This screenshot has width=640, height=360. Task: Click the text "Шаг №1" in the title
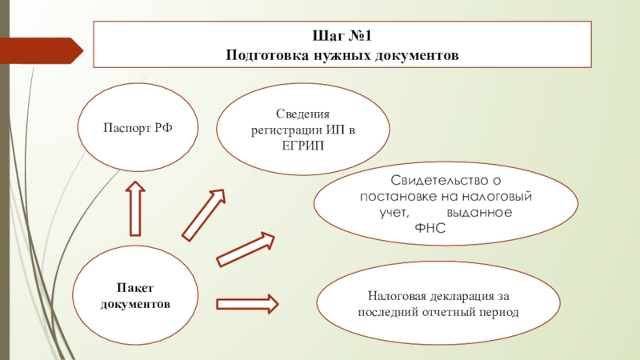342,36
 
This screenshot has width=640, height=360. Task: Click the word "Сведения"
303,115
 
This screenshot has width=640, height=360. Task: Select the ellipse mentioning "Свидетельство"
445,206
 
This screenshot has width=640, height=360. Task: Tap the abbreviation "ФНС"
430,229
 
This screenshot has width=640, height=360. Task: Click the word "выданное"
479,214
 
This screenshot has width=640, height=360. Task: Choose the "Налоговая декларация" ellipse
438,302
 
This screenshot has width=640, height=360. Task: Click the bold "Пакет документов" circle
135,297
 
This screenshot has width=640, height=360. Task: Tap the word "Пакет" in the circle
135,288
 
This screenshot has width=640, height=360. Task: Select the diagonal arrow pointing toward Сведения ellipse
204,214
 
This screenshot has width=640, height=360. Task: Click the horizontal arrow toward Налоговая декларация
247,303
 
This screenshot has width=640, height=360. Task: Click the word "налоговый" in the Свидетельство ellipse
498,197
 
